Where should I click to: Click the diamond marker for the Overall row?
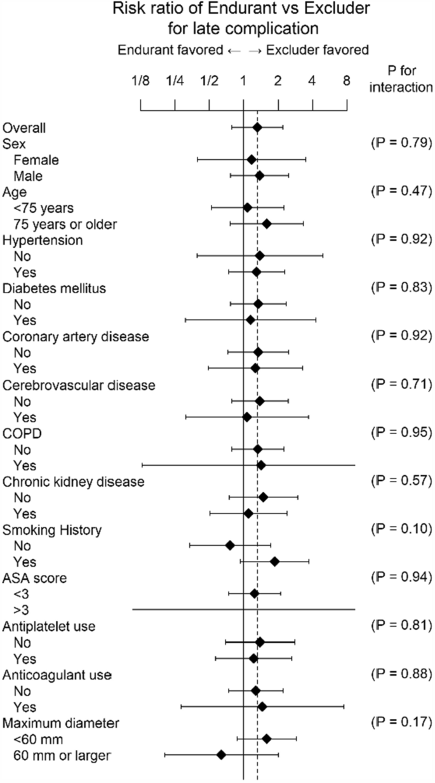click(x=257, y=128)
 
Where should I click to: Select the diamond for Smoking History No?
click(x=230, y=545)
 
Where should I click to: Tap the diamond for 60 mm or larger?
click(x=221, y=754)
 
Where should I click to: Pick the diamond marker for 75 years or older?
click(x=266, y=223)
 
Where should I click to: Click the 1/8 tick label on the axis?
click(x=140, y=81)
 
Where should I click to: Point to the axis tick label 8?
click(x=346, y=81)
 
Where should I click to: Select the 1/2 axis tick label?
click(x=208, y=81)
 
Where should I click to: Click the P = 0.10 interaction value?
click(x=401, y=529)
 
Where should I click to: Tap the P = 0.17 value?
click(x=401, y=721)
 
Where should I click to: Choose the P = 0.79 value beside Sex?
click(x=401, y=143)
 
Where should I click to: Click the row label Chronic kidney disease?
click(x=74, y=482)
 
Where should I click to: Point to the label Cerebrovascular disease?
click(x=79, y=385)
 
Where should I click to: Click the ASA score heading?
click(x=35, y=578)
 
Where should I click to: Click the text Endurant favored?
click(x=166, y=49)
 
